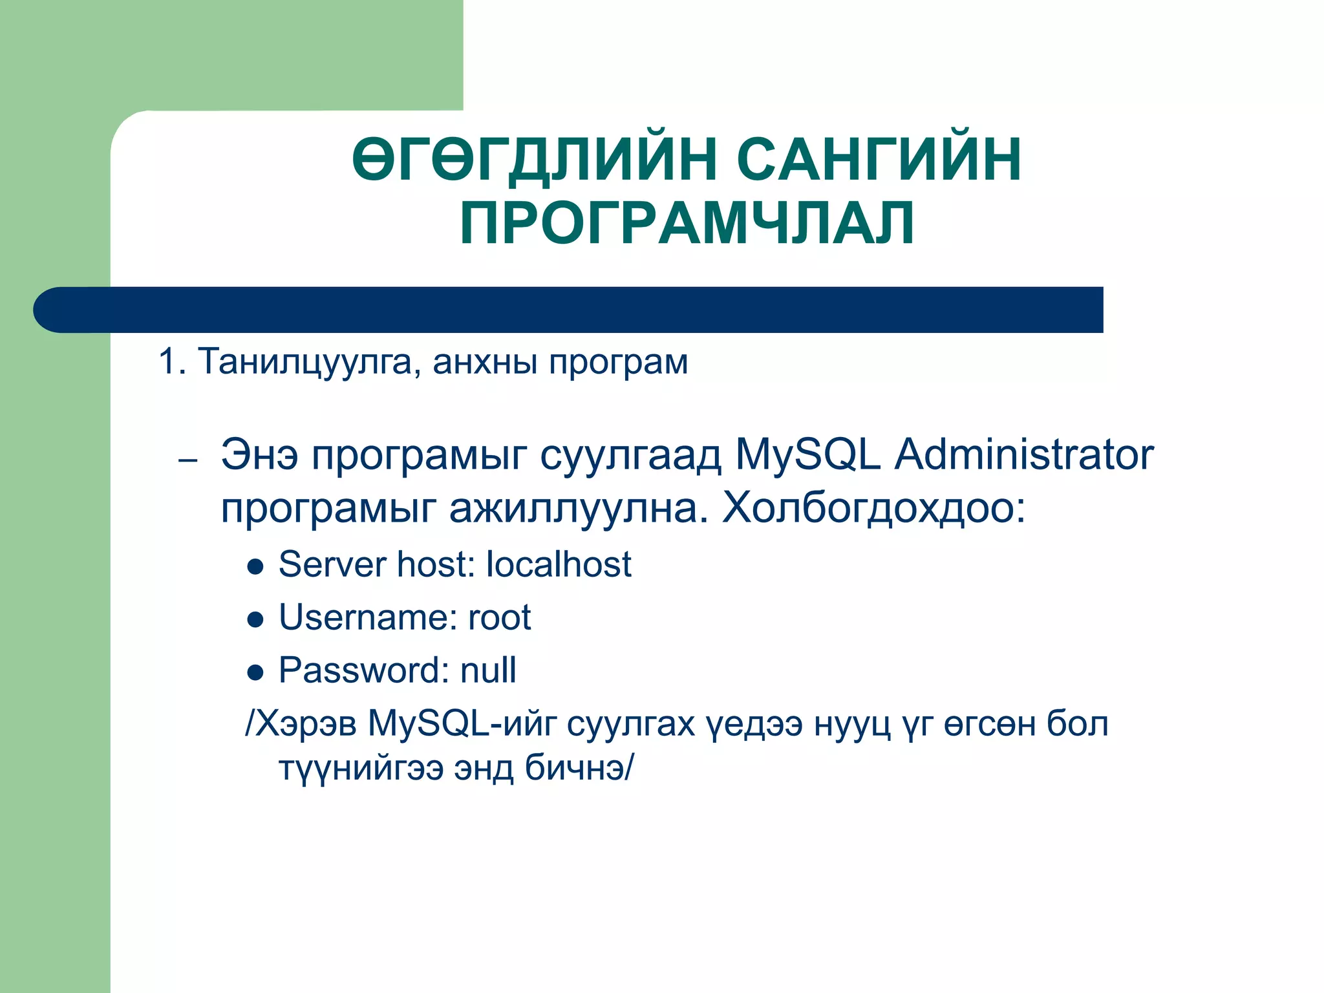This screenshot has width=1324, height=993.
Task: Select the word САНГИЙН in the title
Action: [x=879, y=159]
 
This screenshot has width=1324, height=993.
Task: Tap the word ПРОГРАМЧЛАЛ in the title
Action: [x=687, y=223]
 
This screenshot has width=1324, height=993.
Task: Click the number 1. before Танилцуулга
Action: [x=171, y=361]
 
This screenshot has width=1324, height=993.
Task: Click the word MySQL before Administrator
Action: [x=807, y=454]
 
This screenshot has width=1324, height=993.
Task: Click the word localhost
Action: [x=558, y=564]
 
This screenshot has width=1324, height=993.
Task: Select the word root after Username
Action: [x=499, y=617]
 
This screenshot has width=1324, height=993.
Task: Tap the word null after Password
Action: [x=488, y=670]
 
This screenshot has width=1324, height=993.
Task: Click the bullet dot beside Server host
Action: [x=256, y=567]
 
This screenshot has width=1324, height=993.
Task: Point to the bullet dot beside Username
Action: [x=256, y=620]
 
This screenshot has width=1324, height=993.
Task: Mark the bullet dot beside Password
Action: [x=256, y=673]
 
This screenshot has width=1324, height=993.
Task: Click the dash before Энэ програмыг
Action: [x=187, y=461]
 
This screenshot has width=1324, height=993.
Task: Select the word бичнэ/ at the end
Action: [x=579, y=769]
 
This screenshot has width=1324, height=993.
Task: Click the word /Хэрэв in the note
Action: [x=301, y=723]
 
